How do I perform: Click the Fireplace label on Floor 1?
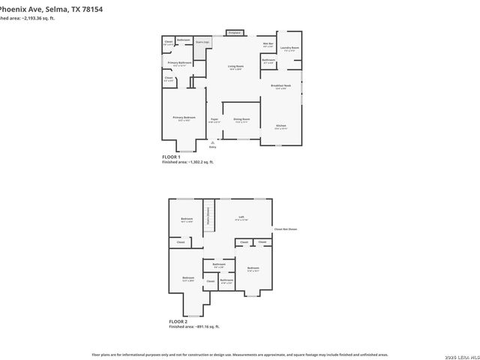click(235, 34)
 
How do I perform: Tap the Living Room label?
click(235, 67)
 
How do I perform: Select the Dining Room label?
click(241, 119)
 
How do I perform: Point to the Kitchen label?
click(280, 126)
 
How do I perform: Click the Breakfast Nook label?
click(282, 86)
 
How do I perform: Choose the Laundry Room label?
click(289, 49)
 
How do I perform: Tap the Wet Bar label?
click(268, 44)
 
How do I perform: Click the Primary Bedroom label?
click(184, 118)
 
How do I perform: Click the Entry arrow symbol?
click(212, 142)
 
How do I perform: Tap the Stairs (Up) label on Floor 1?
click(202, 43)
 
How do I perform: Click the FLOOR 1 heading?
click(172, 157)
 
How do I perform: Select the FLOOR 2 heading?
click(178, 321)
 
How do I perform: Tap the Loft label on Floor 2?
click(241, 218)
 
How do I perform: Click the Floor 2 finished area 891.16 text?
click(194, 327)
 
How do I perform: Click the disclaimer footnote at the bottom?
click(239, 354)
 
